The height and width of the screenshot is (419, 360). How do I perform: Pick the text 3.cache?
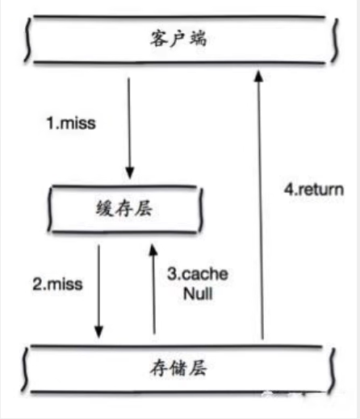click(x=197, y=274)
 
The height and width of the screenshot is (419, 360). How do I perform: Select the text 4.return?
click(x=314, y=191)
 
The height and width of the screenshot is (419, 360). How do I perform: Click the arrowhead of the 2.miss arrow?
click(x=100, y=331)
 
